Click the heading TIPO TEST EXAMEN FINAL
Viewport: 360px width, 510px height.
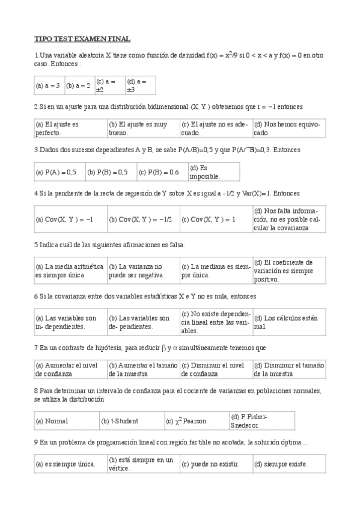click(x=82, y=38)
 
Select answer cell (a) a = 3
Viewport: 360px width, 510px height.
click(x=48, y=85)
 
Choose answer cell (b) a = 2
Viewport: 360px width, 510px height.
click(x=78, y=85)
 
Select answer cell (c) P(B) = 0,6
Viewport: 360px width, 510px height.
click(x=159, y=171)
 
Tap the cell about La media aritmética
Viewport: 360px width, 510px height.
click(x=70, y=271)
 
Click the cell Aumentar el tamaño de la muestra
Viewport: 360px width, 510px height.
click(x=143, y=369)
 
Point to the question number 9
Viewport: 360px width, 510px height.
click(x=36, y=443)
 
